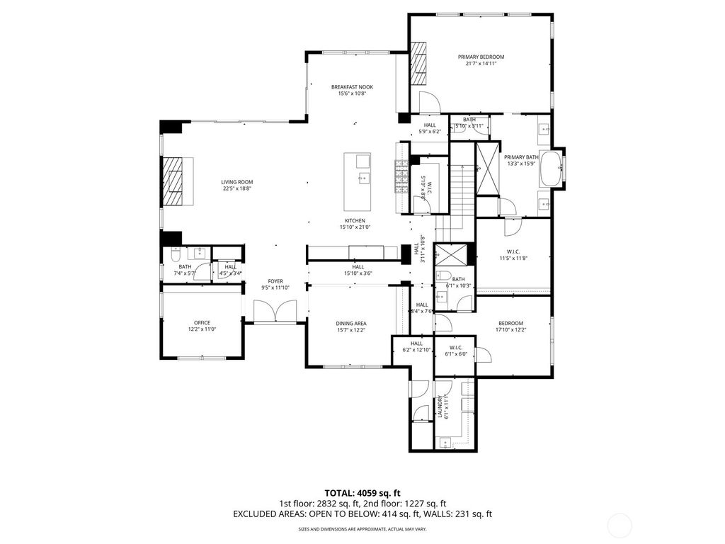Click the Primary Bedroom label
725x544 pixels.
pos(481,57)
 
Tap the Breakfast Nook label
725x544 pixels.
pos(352,87)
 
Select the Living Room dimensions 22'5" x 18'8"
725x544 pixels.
pos(237,188)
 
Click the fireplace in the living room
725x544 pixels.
pos(174,181)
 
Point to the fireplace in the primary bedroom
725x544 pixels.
pos(420,64)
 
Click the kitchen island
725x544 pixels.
pos(359,177)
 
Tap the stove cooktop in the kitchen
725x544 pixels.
pos(402,178)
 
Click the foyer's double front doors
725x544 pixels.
pos(274,311)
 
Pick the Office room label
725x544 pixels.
pos(202,322)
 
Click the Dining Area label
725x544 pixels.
pos(350,323)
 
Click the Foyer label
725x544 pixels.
pos(275,281)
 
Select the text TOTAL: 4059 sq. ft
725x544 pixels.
pos(362,492)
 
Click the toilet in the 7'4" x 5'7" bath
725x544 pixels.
pos(175,254)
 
